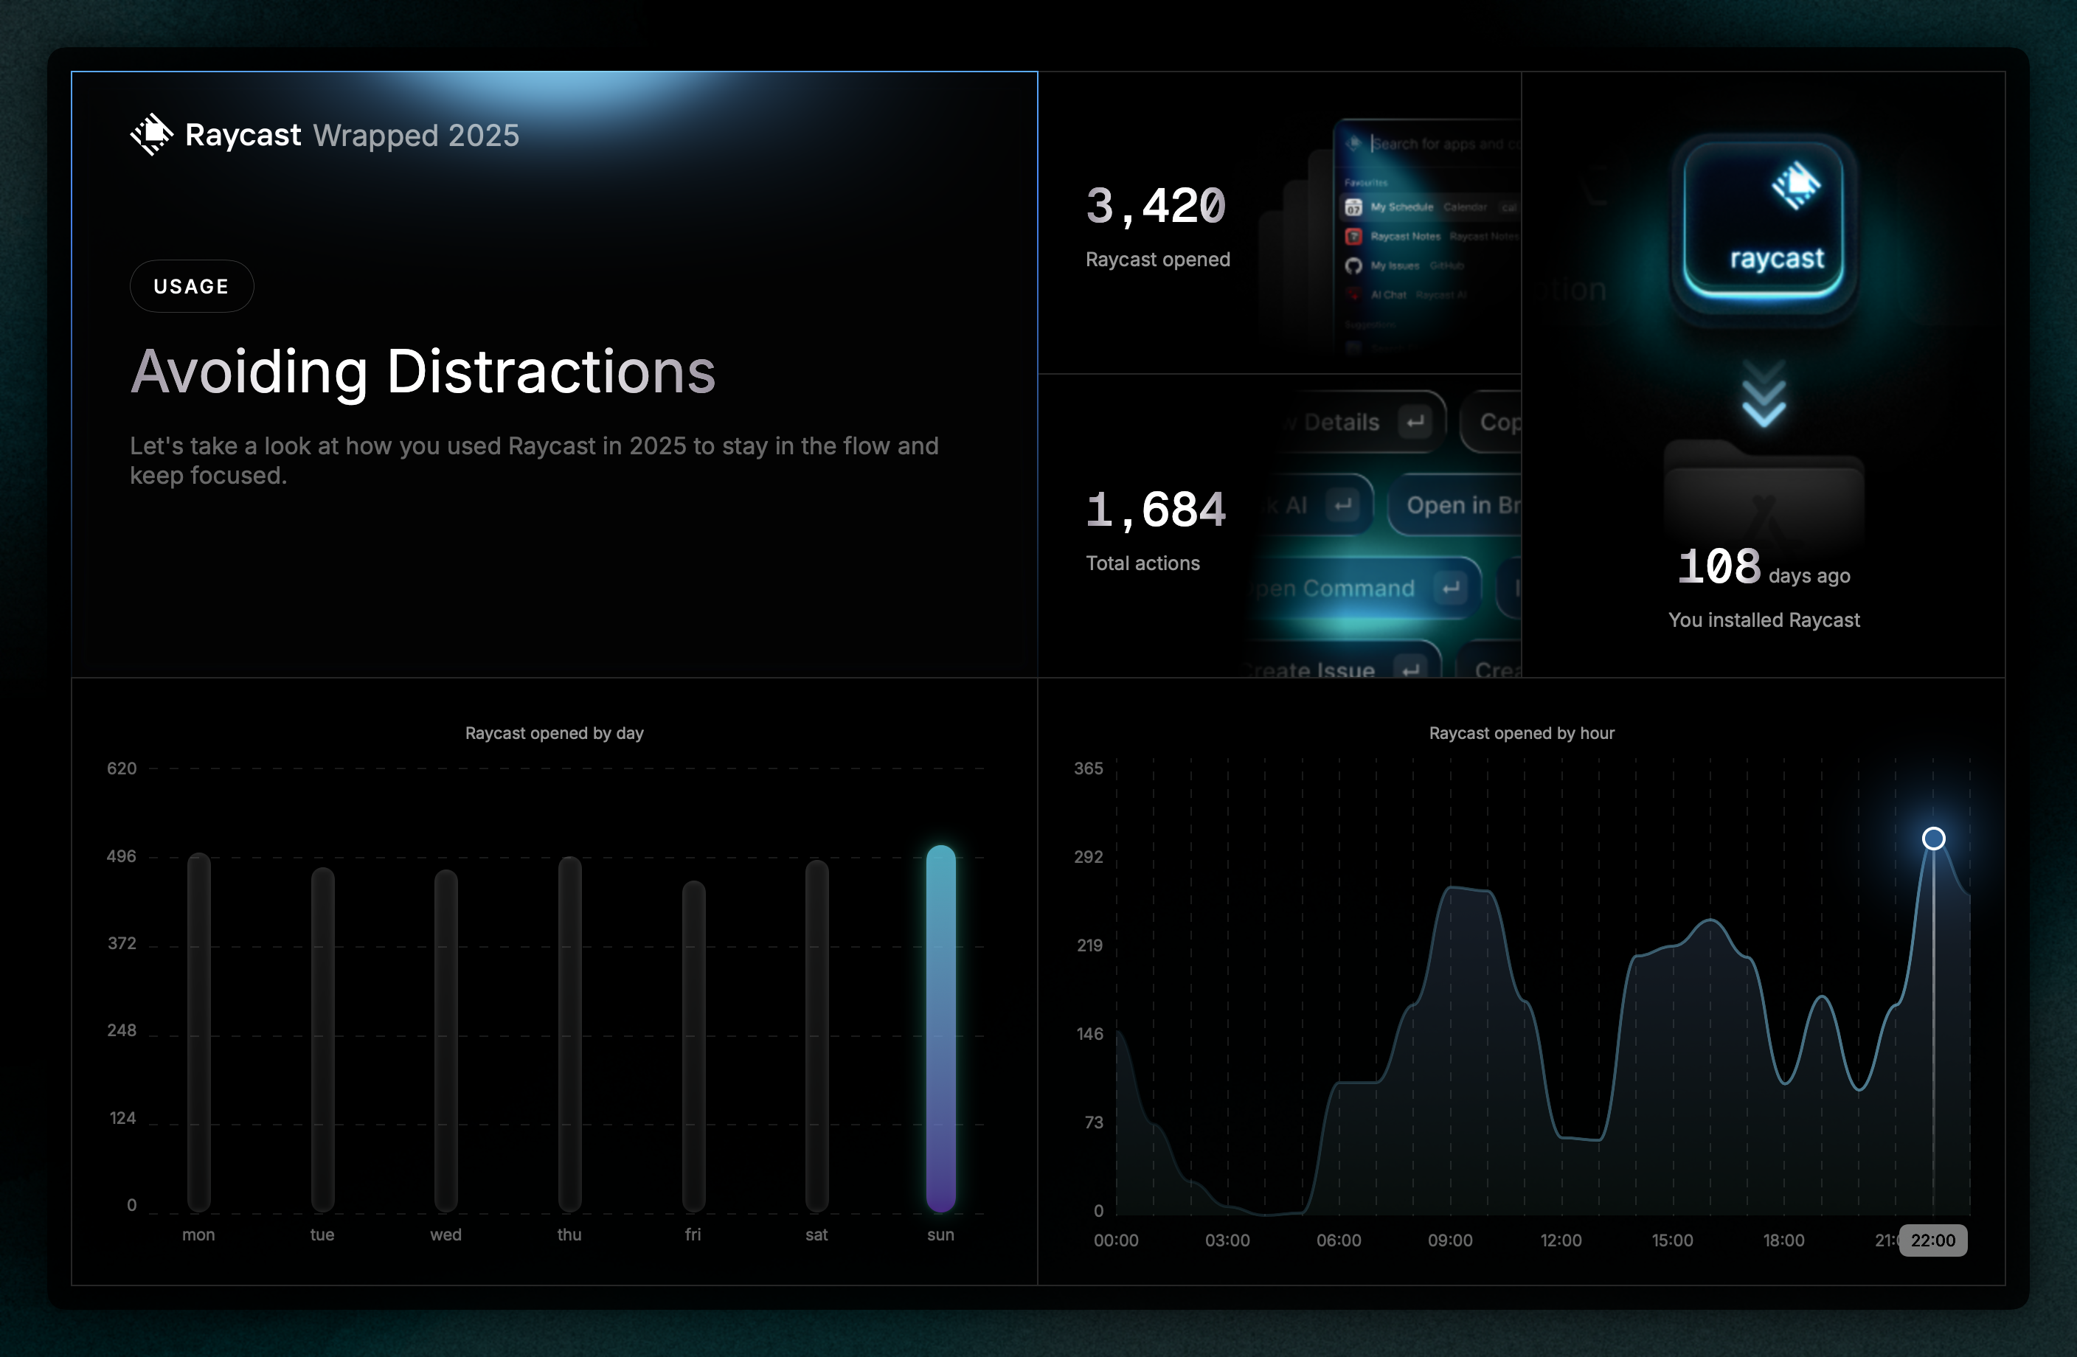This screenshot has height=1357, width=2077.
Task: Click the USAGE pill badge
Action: click(x=191, y=286)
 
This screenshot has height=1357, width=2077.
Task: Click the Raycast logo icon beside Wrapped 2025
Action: click(x=152, y=134)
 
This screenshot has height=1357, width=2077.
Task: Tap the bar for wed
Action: click(x=446, y=1038)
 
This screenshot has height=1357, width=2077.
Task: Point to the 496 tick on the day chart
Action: click(x=121, y=856)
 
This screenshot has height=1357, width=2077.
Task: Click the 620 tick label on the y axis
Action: click(x=121, y=768)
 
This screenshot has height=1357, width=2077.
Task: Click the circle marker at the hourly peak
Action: click(x=1933, y=838)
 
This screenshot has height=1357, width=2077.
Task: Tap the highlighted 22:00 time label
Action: click(x=1932, y=1240)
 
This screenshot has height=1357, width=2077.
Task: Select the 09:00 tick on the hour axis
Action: click(x=1449, y=1240)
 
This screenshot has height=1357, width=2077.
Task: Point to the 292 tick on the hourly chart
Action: click(x=1088, y=857)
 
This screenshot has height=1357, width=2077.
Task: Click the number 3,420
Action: click(x=1156, y=206)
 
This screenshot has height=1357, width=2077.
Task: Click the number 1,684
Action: click(x=1156, y=510)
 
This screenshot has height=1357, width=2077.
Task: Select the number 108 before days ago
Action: click(x=1719, y=567)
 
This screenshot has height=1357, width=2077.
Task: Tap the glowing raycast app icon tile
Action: click(x=1764, y=223)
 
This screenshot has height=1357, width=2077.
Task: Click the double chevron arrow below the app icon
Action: click(x=1764, y=395)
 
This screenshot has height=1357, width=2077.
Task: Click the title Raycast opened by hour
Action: click(x=1521, y=733)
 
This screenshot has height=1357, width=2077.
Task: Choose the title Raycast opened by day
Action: click(x=554, y=733)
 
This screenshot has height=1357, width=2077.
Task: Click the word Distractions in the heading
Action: click(x=551, y=372)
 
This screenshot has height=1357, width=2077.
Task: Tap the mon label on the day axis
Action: click(x=198, y=1235)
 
